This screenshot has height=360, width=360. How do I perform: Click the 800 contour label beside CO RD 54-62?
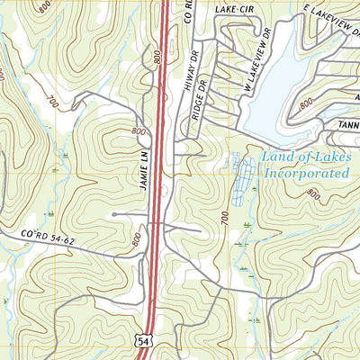click(136, 239)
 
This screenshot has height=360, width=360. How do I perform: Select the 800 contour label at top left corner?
click(45, 7)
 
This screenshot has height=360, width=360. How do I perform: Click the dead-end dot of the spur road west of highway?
click(114, 214)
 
